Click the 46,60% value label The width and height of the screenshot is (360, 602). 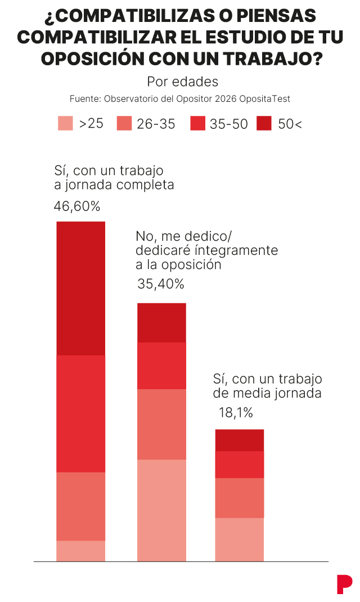[76, 206]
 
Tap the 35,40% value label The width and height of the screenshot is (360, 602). [160, 284]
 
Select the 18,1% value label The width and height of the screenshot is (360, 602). [236, 413]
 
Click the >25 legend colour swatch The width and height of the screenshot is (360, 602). [65, 123]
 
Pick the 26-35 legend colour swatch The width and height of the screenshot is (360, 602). [124, 123]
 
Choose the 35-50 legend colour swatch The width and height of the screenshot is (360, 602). [197, 123]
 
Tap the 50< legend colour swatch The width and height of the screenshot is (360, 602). [264, 123]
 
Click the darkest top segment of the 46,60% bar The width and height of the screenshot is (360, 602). [81, 288]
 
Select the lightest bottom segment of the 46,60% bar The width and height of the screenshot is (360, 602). [81, 551]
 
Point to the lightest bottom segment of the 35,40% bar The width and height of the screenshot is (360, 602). [161, 510]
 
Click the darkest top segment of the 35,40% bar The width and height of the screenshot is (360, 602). [161, 322]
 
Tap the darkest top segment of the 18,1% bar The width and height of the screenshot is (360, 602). [239, 440]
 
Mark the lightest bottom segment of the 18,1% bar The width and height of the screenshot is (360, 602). [239, 540]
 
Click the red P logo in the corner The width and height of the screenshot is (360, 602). [344, 584]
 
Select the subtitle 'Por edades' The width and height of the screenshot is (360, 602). [182, 82]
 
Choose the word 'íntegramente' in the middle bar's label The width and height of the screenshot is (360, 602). [242, 250]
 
